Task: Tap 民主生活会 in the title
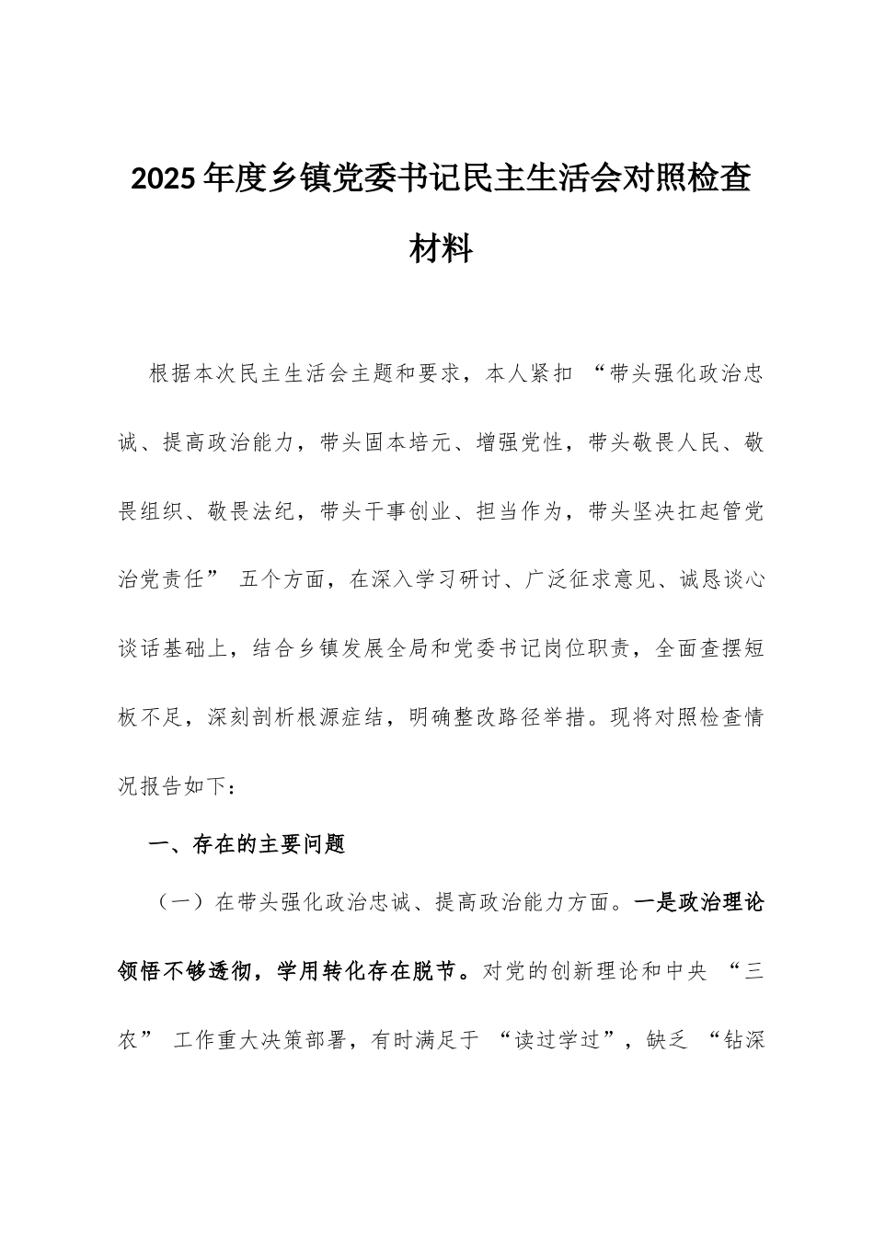click(525, 155)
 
